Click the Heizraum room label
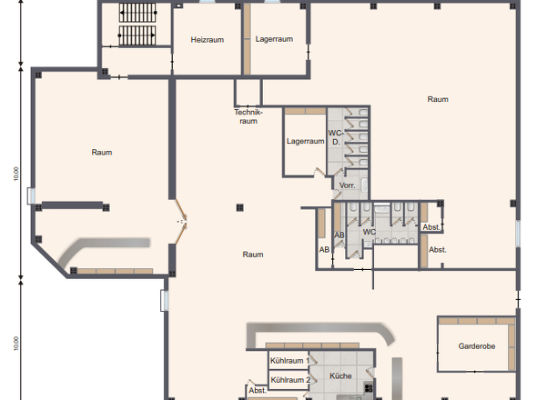(x=208, y=40)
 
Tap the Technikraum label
(x=248, y=116)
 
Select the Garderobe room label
(x=477, y=346)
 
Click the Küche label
(x=340, y=375)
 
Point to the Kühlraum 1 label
(x=289, y=361)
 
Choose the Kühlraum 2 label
(x=290, y=380)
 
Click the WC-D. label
(x=336, y=137)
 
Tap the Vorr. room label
(x=347, y=185)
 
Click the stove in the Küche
(x=369, y=387)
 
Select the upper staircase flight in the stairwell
(x=137, y=13)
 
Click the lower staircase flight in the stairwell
(x=137, y=35)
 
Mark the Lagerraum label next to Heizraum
(x=274, y=39)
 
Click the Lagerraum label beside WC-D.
(x=305, y=141)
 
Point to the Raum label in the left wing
(x=102, y=152)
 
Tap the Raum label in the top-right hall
(x=438, y=99)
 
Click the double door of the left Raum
(x=181, y=222)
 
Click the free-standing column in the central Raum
(x=239, y=207)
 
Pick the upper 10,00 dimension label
(x=16, y=174)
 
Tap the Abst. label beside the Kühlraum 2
(x=258, y=390)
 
